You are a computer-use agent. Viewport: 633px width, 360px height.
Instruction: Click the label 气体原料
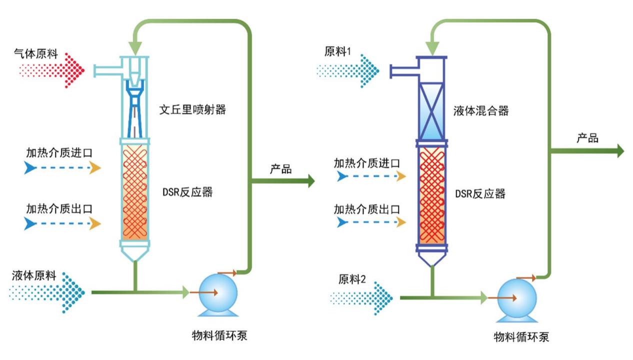click(35, 53)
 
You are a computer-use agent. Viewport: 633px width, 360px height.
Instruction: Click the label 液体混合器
click(480, 110)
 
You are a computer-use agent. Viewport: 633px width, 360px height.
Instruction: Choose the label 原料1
click(338, 51)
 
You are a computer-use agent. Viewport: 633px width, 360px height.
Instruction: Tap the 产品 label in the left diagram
click(280, 169)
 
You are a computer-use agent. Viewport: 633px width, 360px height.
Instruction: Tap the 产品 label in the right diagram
click(587, 138)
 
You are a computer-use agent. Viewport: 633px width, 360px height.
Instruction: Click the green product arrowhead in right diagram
click(620, 150)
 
